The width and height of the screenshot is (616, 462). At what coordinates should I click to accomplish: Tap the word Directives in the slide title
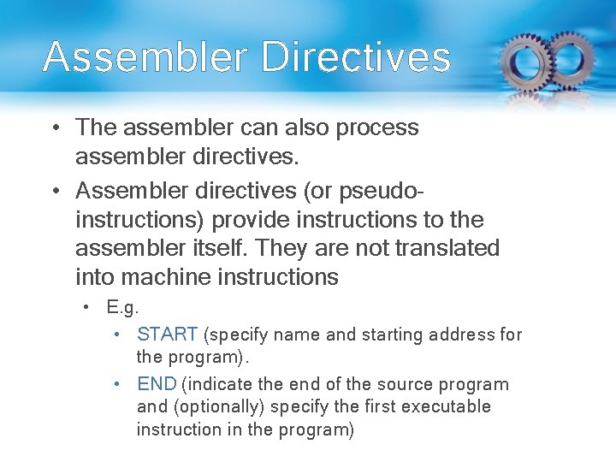pyautogui.click(x=355, y=56)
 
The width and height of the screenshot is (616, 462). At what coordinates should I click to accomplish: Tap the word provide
pyautogui.click(x=251, y=219)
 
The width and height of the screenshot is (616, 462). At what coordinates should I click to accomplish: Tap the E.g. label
pyautogui.click(x=123, y=307)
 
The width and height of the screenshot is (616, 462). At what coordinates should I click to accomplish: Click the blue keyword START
pyautogui.click(x=168, y=335)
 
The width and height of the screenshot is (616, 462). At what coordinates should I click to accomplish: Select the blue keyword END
pyautogui.click(x=157, y=385)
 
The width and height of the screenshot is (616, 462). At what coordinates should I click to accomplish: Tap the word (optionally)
pyautogui.click(x=216, y=406)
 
